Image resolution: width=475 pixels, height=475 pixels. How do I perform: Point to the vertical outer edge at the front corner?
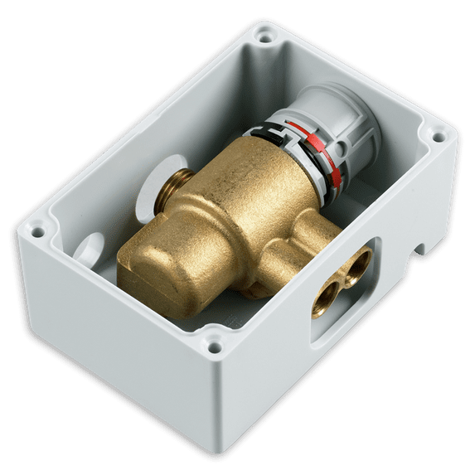click(x=218, y=406)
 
